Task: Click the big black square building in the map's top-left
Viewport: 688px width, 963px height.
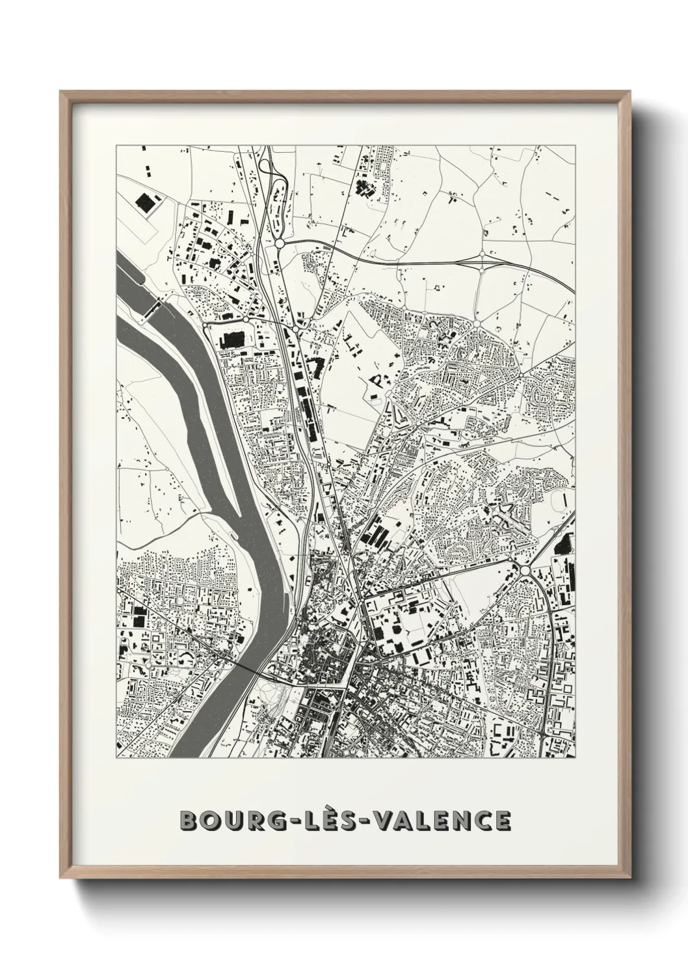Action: click(144, 203)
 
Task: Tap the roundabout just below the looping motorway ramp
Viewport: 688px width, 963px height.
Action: click(280, 243)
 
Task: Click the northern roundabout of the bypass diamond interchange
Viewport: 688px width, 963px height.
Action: click(482, 253)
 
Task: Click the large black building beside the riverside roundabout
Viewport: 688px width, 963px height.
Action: click(230, 340)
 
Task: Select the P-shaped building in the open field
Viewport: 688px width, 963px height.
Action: click(377, 378)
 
